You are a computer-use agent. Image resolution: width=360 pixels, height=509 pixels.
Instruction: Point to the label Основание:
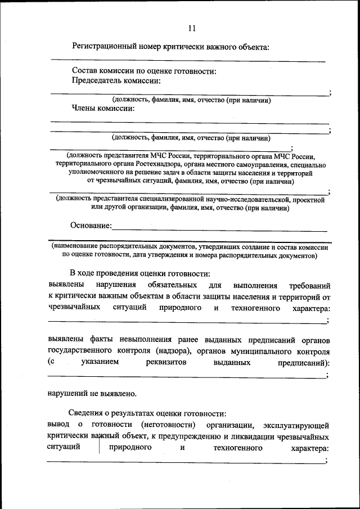pos(91,226)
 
